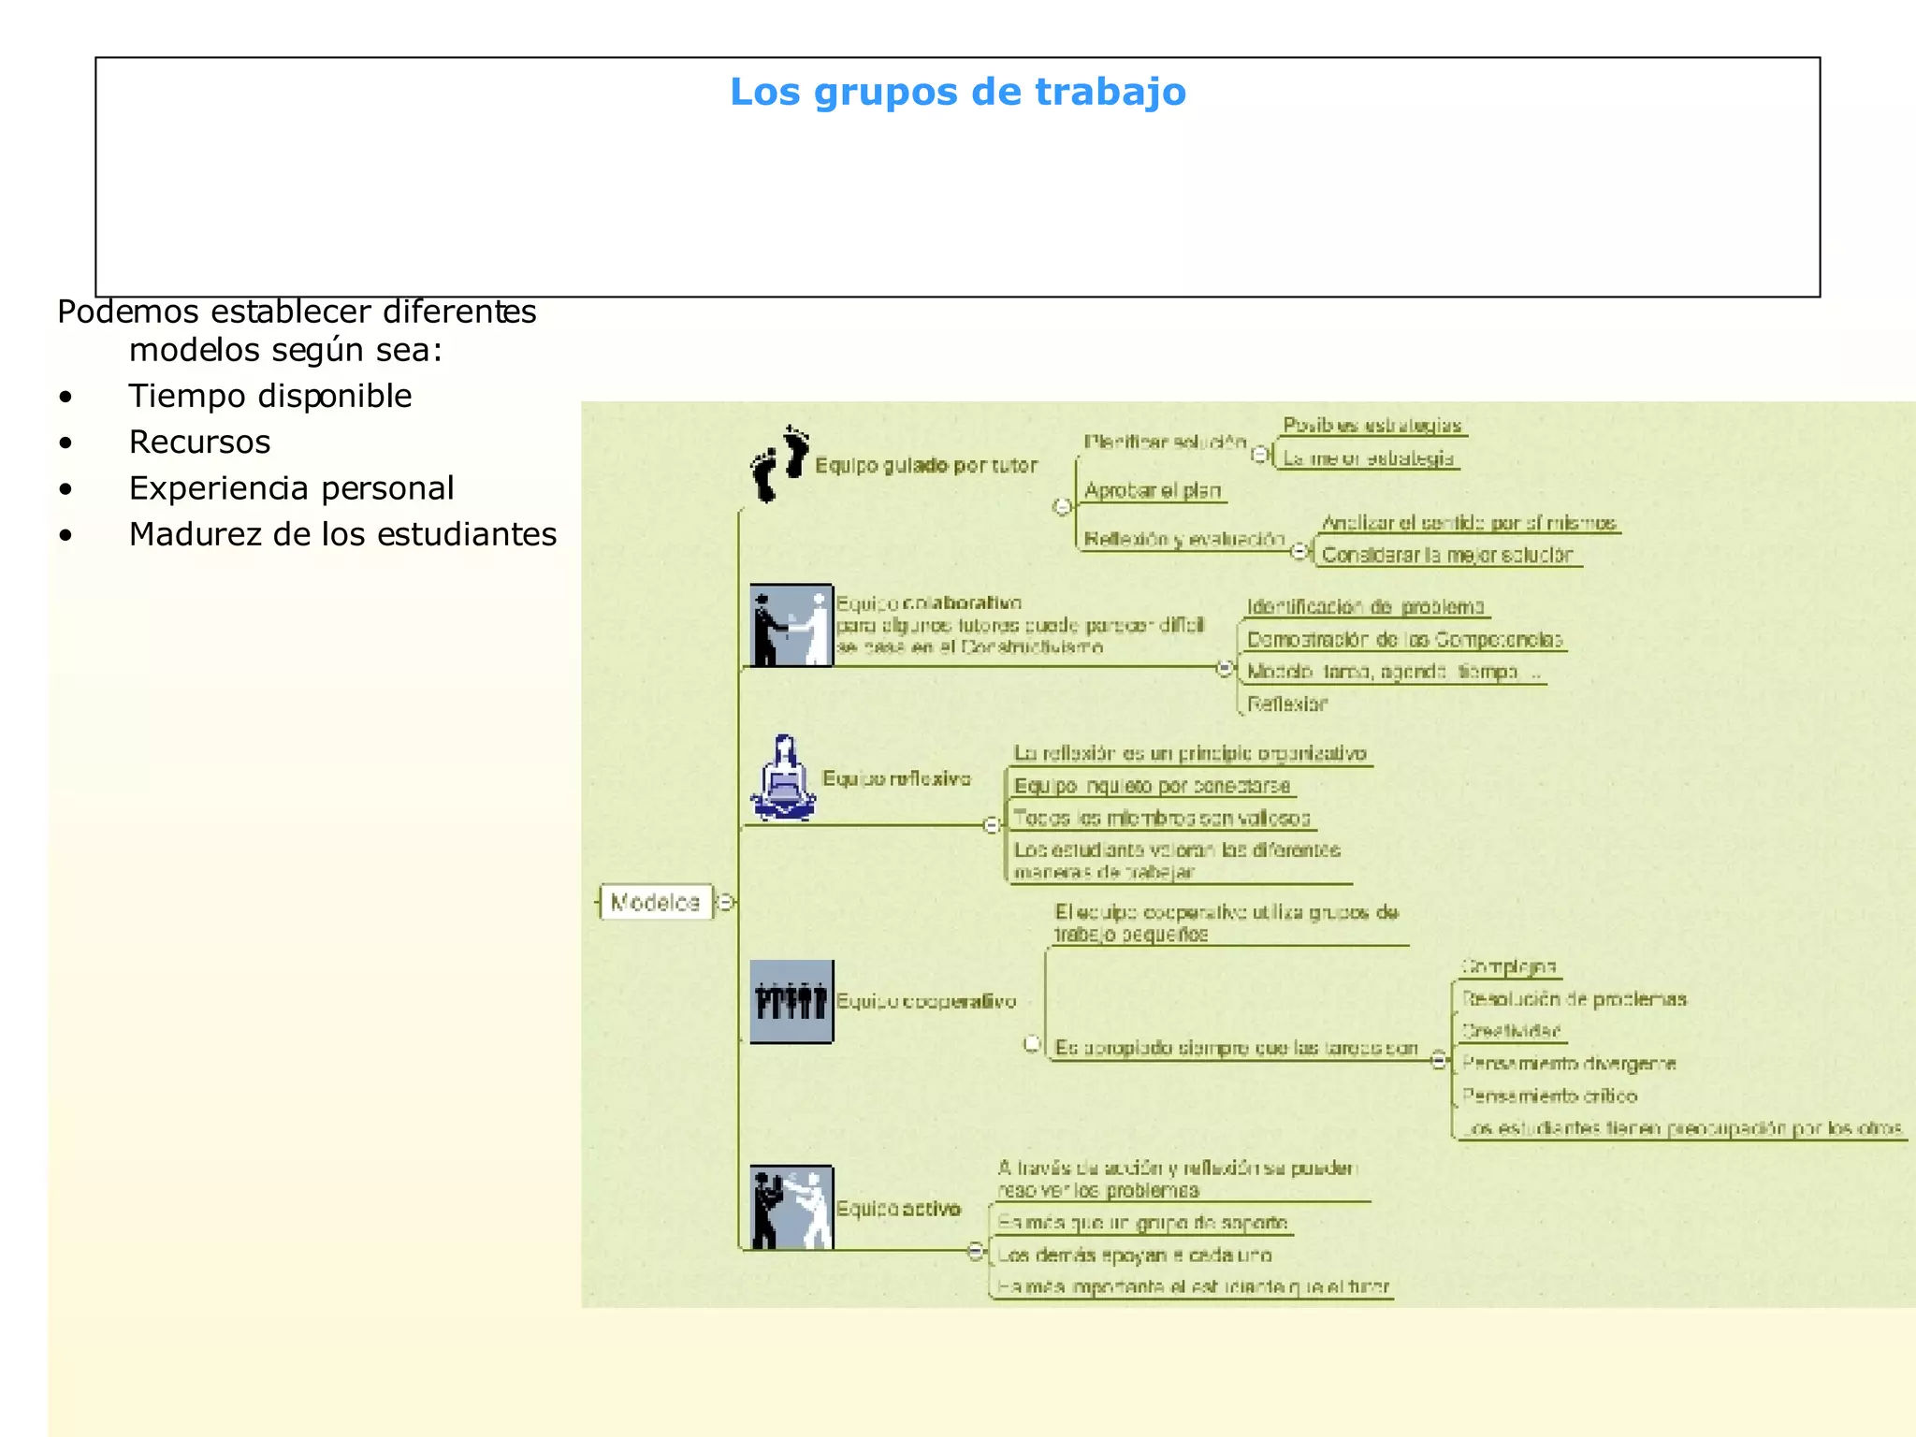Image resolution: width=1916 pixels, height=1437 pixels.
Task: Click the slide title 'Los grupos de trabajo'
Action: [x=957, y=92]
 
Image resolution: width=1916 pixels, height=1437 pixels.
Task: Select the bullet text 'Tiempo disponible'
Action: [x=269, y=396]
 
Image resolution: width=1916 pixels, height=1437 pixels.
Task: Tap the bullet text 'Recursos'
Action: [x=199, y=442]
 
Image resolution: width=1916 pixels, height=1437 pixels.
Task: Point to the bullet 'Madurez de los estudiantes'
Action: [x=342, y=534]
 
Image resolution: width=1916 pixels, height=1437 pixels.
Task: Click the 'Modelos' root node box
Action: [x=655, y=902]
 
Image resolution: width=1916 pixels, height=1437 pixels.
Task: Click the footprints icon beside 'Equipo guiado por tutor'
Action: [x=779, y=463]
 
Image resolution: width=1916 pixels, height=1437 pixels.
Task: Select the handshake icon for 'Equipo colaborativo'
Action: [x=791, y=625]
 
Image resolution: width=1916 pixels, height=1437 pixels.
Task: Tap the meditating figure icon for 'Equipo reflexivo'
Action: [x=784, y=778]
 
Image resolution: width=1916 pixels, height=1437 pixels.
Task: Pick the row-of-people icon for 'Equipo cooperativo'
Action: [x=791, y=1001]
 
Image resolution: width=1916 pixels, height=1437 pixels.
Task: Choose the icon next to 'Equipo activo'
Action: [x=791, y=1207]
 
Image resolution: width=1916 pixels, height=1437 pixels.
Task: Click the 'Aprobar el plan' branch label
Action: [x=1152, y=490]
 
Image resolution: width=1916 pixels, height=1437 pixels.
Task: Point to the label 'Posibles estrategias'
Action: [x=1372, y=426]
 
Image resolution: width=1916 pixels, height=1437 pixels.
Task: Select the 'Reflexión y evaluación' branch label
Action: [x=1183, y=539]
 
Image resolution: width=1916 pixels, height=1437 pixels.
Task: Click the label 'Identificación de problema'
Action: [x=1365, y=607]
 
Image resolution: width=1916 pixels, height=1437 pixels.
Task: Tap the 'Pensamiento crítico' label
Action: [x=1548, y=1096]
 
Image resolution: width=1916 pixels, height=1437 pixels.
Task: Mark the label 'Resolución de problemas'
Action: [x=1574, y=999]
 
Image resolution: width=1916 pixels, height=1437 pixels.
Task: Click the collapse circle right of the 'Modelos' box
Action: [x=726, y=902]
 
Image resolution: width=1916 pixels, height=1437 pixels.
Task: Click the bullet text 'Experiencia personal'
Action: [x=291, y=488]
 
